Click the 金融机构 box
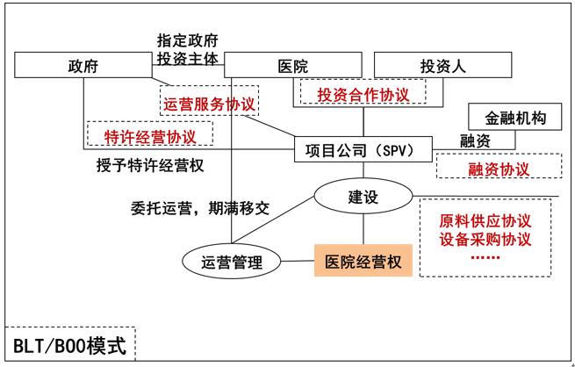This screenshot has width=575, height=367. pos(509,119)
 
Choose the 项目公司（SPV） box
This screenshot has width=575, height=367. pos(364,149)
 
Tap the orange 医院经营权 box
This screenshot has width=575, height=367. pos(363,261)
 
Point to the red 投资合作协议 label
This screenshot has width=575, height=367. pos(362,93)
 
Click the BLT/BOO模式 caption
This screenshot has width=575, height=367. pos(69,343)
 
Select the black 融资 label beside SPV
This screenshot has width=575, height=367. pos(475,141)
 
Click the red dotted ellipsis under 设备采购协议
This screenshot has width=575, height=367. pos(484,258)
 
